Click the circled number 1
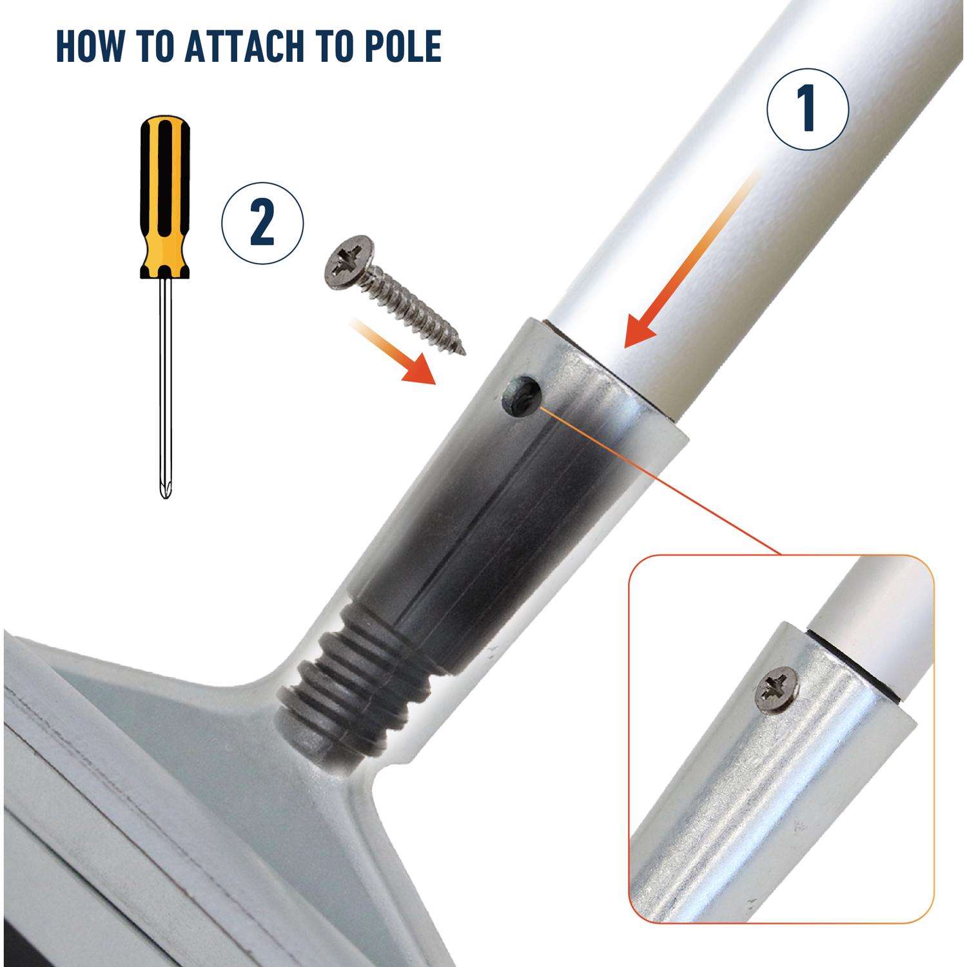pos(808,110)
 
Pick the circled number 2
pos(262,223)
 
